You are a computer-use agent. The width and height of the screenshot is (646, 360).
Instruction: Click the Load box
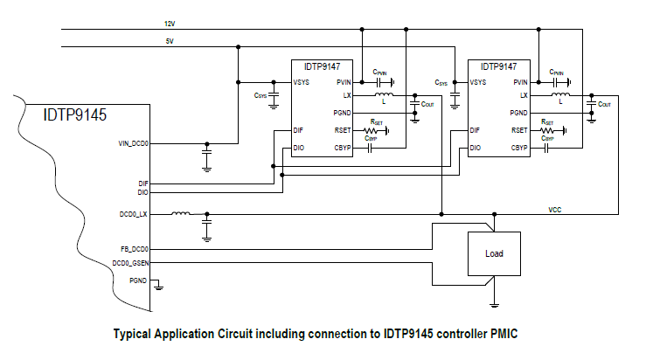point(494,254)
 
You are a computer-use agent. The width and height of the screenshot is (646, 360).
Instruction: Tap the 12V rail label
point(170,22)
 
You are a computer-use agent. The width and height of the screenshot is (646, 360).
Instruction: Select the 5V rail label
point(169,40)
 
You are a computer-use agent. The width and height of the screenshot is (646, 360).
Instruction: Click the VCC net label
point(554,210)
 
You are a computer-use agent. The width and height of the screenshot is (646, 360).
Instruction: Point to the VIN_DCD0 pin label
point(134,142)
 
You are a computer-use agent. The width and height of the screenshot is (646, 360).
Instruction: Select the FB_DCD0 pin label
point(135,249)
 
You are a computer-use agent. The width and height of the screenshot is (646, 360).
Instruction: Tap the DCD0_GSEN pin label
point(132,263)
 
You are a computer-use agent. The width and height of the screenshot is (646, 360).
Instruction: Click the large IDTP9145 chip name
point(75,114)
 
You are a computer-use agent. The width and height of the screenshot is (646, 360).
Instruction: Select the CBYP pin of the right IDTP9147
point(520,149)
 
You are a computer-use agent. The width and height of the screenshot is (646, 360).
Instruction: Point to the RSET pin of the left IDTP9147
point(343,130)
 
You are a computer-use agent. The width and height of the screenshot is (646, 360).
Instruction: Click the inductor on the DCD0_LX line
point(181,213)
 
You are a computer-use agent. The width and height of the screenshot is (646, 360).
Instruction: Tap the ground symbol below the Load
point(494,303)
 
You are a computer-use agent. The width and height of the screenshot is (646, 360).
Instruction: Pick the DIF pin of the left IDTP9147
point(299,130)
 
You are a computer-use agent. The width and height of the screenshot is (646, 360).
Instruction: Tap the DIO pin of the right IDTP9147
point(475,149)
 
